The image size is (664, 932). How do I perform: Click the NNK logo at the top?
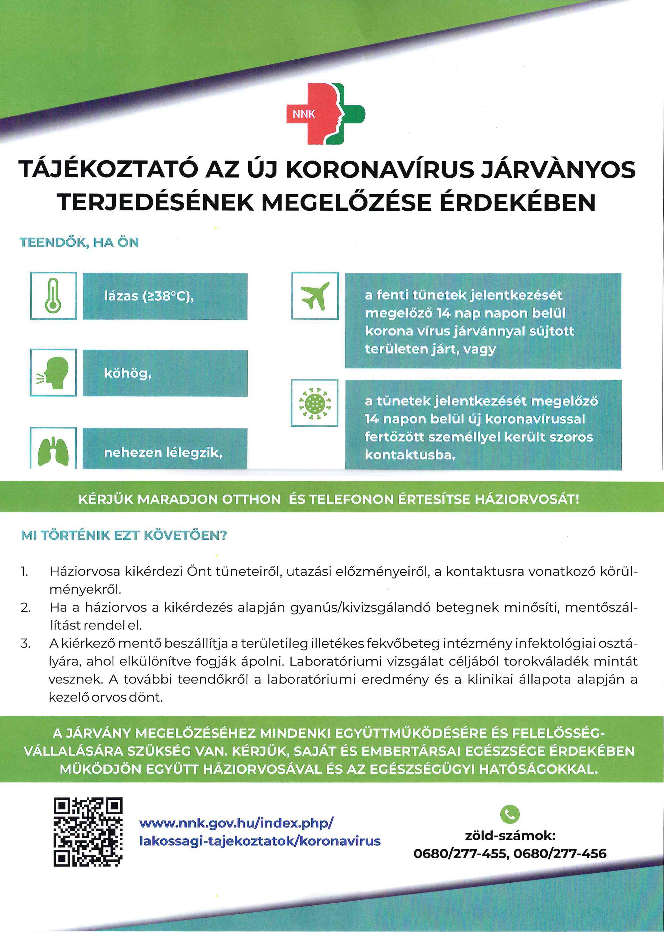point(326,113)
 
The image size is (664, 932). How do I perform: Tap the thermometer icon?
point(53,296)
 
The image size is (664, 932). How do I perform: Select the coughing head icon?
point(53,372)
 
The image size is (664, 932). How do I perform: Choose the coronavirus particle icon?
point(314,403)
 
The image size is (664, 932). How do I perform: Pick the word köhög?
point(128,373)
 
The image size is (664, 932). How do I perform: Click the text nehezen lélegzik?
point(163,452)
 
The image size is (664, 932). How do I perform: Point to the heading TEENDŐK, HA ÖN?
point(79,242)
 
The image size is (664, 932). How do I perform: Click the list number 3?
point(25,644)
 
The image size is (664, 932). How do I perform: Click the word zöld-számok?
point(510,836)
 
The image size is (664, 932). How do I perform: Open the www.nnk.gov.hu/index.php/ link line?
point(236,823)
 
